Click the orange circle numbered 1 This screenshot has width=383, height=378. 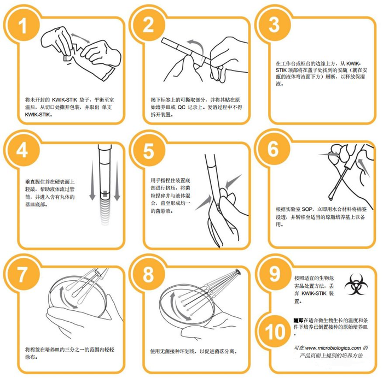pos(22,25)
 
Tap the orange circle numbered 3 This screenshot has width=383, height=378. pos(273,25)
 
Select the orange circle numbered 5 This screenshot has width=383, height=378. pos(148,150)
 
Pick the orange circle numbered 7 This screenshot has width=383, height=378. pos(22,274)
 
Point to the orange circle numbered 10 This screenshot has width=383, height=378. pos(275,332)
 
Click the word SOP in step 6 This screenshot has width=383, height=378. pos(307,209)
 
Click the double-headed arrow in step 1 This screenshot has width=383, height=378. pos(80,38)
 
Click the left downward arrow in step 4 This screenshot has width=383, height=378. pos(92,180)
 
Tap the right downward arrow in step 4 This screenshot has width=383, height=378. pos(117,180)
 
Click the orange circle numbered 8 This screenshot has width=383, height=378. pos(148,274)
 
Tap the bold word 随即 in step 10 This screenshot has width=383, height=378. pos(298,320)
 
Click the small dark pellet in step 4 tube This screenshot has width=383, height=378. pos(105,194)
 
